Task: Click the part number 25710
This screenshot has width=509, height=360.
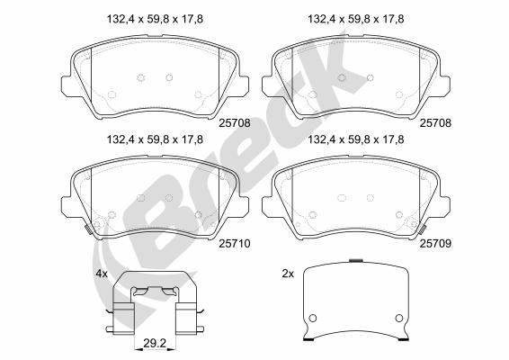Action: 235,243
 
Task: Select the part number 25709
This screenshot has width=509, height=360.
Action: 435,243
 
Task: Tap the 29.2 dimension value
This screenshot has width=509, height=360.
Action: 155,343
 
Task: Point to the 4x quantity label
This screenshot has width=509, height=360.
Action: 102,274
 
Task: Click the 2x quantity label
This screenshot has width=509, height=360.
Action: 288,274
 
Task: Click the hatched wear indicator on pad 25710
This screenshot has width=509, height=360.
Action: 87,229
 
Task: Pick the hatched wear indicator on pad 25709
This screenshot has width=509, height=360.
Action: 423,229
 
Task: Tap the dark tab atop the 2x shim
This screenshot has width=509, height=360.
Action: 356,260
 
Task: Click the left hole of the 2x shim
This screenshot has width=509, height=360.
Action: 312,318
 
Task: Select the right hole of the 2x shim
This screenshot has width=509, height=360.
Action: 399,318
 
